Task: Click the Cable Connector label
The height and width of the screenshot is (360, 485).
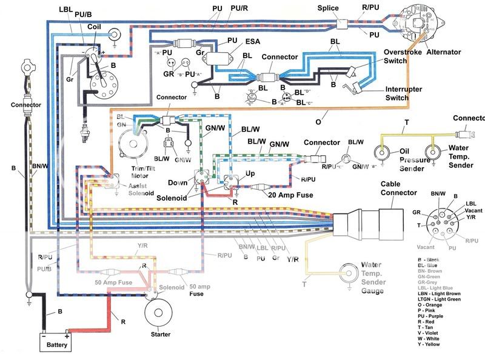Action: click(398, 188)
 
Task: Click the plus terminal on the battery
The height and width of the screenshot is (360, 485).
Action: click(67, 336)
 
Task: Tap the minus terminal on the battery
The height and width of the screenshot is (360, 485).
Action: click(44, 336)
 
